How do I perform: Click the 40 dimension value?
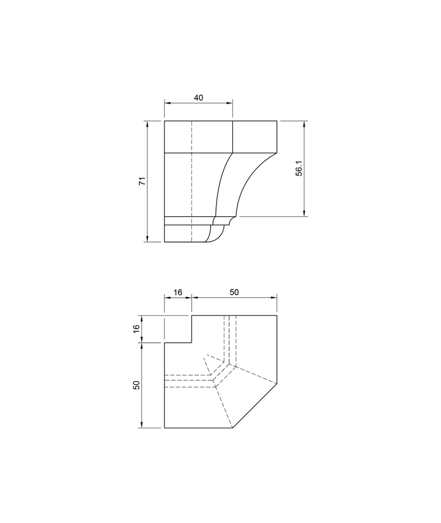tap(198, 97)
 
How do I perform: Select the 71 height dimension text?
tap(142, 182)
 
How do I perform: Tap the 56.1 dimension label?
tap(299, 168)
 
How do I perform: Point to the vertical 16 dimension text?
tap(136, 329)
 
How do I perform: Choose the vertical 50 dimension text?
tap(136, 385)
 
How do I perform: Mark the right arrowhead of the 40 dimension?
tap(230, 102)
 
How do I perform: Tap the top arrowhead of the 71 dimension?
tap(147, 123)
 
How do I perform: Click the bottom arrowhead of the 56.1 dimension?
tap(305, 213)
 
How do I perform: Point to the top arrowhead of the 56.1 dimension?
tap(305, 123)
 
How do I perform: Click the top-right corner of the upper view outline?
tap(277, 120)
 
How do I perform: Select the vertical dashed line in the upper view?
tap(191, 180)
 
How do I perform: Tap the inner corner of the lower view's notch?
tap(191, 343)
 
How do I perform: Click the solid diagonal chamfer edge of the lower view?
tap(255, 406)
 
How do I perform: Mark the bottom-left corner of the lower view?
tap(165, 428)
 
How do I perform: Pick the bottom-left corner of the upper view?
tap(165, 242)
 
